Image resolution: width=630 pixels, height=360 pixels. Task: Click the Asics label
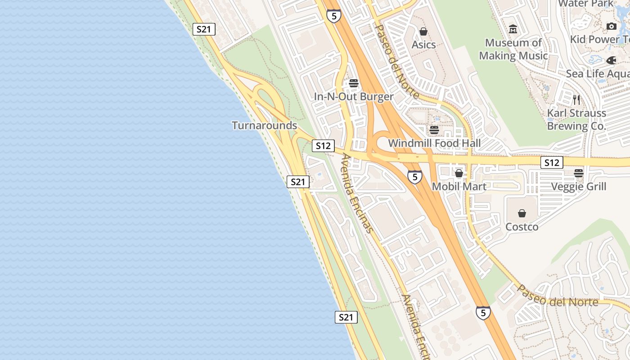pos(423,45)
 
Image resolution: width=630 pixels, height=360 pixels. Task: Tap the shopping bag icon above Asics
pos(423,31)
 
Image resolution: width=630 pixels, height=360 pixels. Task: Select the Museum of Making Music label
pos(513,49)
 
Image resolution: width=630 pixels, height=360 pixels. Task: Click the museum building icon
pos(513,29)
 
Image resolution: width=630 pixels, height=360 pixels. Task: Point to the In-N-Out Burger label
pos(354,96)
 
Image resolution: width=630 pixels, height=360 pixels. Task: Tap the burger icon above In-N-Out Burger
pos(354,83)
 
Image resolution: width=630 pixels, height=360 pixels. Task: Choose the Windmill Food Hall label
pos(434,143)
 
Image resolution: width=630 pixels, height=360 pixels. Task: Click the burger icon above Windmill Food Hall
pos(434,130)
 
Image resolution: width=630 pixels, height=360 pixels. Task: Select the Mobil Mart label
pos(459,186)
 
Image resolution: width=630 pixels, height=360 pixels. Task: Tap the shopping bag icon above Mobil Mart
pos(459,173)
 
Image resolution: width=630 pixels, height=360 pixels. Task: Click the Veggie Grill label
pos(579,186)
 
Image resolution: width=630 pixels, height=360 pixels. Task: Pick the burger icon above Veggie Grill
pos(579,173)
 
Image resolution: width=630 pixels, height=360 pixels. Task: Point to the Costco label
pos(522,226)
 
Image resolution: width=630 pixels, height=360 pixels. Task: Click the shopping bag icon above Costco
pos(522,213)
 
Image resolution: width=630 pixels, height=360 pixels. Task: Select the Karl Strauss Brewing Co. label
pos(576,119)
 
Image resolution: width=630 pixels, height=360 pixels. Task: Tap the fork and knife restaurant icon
pos(576,99)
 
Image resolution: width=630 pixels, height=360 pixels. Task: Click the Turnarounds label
pos(264,125)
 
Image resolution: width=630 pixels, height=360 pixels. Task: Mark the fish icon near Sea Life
pos(611,60)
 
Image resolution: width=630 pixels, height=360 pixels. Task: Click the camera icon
pos(611,27)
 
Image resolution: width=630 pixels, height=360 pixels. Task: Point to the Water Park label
pos(585,4)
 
